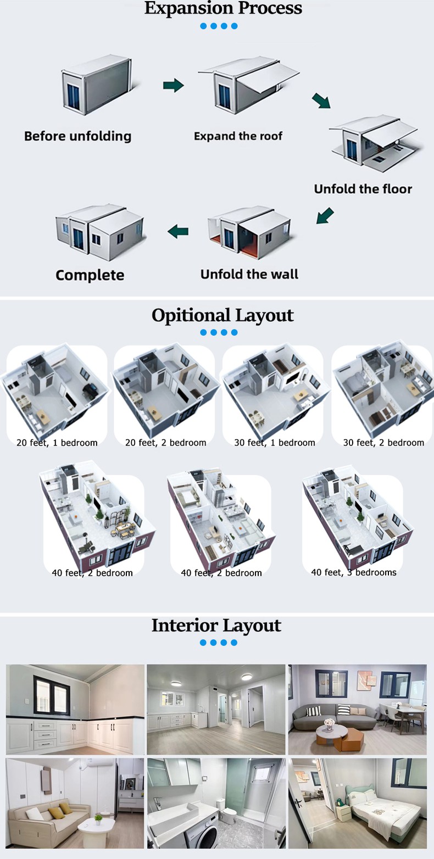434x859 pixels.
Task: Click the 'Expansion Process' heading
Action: click(223, 8)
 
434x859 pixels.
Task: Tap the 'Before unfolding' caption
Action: click(77, 136)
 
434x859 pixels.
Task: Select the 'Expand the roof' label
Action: click(238, 136)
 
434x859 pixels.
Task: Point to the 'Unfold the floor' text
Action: click(363, 189)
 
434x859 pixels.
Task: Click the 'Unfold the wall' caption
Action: click(249, 274)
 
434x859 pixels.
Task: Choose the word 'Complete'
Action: click(90, 275)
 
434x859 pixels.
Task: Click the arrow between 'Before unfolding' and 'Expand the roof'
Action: click(173, 85)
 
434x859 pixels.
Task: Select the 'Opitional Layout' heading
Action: click(222, 315)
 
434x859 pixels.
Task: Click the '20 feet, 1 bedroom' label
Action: click(57, 443)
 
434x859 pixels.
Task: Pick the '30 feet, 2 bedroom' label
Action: click(383, 443)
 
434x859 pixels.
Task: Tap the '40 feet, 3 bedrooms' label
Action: click(353, 572)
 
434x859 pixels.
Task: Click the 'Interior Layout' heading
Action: click(216, 625)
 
